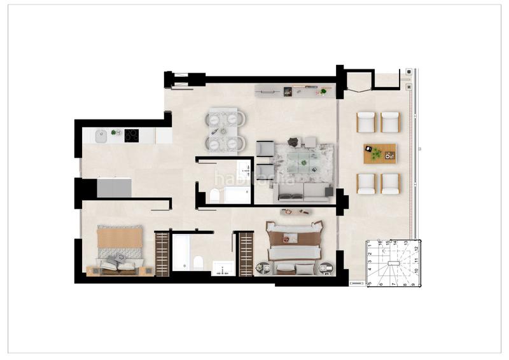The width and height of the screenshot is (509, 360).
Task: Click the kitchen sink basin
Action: click(101, 135)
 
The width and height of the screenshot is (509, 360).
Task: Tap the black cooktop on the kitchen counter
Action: click(132, 135)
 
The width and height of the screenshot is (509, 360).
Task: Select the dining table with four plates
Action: click(225, 130)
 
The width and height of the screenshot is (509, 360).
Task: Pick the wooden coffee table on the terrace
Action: click(380, 153)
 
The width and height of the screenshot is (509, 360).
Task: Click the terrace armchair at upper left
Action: click(366, 121)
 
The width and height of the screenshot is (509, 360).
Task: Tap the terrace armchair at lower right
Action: click(390, 184)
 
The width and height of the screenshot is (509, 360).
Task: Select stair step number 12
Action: click(415, 249)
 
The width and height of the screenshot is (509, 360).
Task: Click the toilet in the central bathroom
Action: click(214, 196)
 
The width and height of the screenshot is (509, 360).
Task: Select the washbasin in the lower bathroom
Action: click(223, 268)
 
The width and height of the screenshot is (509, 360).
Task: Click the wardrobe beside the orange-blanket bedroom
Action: click(163, 254)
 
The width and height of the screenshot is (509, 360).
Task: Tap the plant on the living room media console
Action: click(323, 92)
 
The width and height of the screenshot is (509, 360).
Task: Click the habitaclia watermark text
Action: click(254, 179)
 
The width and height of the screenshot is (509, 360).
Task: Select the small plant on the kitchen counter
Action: click(115, 132)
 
